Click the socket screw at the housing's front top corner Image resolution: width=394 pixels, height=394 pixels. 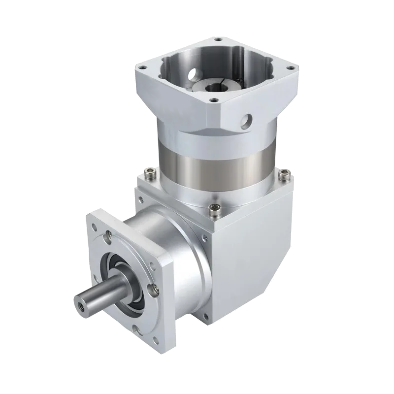coord(213,210)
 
